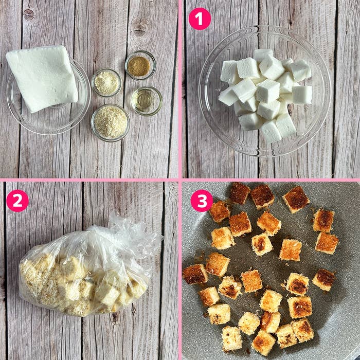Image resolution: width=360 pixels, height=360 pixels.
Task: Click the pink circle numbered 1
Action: (200, 19)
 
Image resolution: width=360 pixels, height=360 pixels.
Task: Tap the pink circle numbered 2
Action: (17, 201)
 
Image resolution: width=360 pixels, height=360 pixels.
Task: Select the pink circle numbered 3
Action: (202, 201)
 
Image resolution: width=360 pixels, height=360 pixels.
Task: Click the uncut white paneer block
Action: (42, 78)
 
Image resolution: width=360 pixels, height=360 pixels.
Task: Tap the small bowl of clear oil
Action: (147, 101)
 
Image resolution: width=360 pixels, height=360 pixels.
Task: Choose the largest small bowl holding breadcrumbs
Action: (110, 122)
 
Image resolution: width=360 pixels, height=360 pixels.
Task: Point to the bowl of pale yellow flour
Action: (106, 82)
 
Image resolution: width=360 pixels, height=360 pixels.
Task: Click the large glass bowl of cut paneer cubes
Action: (265, 91)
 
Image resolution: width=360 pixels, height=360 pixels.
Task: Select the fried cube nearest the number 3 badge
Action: (219, 211)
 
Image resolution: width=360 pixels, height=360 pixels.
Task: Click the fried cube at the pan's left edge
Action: (195, 274)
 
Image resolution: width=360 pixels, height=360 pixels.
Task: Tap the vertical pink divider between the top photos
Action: (180, 89)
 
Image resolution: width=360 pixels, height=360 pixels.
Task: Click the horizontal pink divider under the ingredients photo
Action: (89, 180)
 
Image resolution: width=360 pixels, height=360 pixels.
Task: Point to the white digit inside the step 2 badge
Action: (17, 201)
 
